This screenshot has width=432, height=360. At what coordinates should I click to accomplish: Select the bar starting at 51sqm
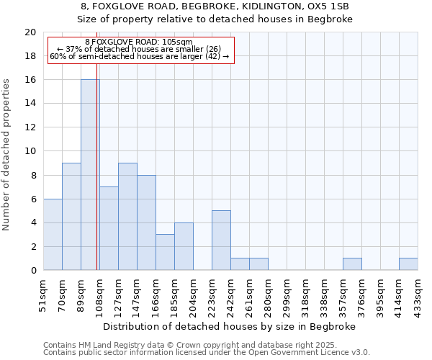53,235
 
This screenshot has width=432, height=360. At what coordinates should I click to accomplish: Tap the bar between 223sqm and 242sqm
221,240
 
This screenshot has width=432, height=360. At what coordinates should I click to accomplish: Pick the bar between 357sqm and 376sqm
352,264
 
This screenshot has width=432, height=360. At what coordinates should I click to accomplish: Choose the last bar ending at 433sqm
408,264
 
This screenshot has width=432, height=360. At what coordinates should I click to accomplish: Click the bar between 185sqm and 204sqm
184,246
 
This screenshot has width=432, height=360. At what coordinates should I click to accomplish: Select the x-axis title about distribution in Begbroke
230,326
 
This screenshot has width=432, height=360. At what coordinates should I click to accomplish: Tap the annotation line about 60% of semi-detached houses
140,56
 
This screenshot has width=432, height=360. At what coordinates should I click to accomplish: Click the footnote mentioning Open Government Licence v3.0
207,353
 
